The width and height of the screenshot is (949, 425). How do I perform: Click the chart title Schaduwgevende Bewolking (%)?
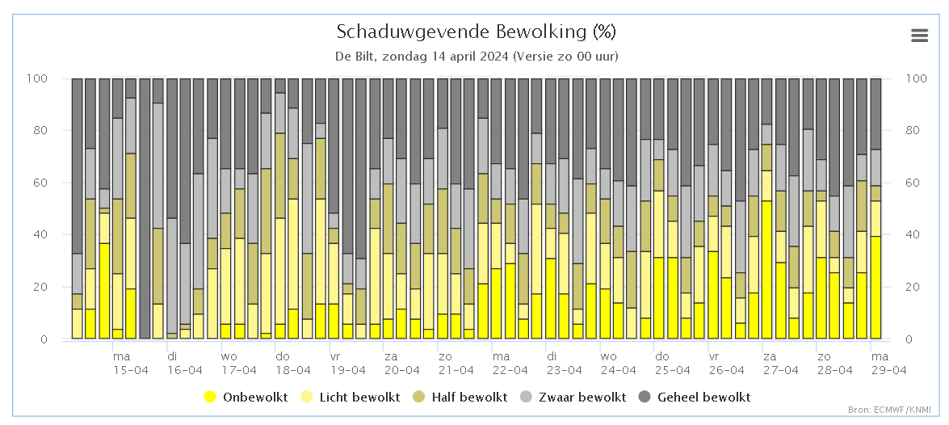477,31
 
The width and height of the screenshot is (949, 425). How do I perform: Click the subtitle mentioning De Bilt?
477,57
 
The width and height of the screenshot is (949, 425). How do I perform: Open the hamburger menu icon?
919,36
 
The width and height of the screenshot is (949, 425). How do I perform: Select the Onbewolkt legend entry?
246,398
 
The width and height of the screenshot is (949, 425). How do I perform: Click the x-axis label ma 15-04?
130,363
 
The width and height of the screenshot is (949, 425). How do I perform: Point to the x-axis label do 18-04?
293,363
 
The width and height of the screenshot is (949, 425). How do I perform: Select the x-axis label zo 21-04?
456,363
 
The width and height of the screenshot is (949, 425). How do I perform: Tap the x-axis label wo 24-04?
618,363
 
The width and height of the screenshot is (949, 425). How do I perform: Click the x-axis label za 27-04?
780,363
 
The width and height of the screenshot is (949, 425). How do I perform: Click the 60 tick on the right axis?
913,183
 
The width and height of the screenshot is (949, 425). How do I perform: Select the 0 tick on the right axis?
909,339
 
